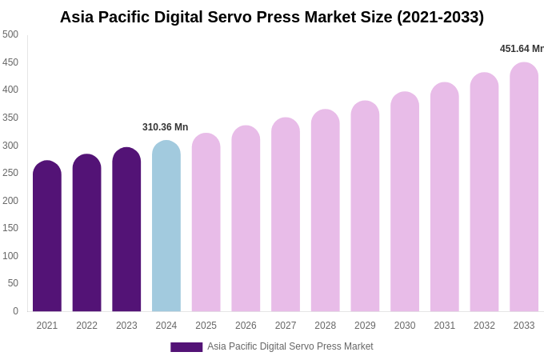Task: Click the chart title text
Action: (x=272, y=17)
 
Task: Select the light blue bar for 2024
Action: (x=166, y=228)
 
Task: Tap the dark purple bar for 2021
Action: (x=47, y=238)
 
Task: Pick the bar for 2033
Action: (x=524, y=188)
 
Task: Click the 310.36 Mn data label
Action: (x=165, y=127)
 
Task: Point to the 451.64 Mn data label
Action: (x=521, y=49)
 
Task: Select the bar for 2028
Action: (x=326, y=212)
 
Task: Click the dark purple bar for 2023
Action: (x=126, y=231)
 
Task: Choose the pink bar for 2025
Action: (x=206, y=224)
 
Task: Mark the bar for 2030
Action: (x=405, y=203)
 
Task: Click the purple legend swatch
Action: (x=186, y=347)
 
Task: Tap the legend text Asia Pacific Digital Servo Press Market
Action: (x=290, y=346)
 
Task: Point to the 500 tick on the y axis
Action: (x=10, y=34)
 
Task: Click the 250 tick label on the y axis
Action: (x=10, y=173)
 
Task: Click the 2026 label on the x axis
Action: (x=246, y=326)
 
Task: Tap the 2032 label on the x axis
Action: (x=484, y=326)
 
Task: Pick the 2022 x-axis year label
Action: (x=86, y=326)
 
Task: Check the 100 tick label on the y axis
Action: (x=10, y=256)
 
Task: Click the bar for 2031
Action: (x=445, y=198)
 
